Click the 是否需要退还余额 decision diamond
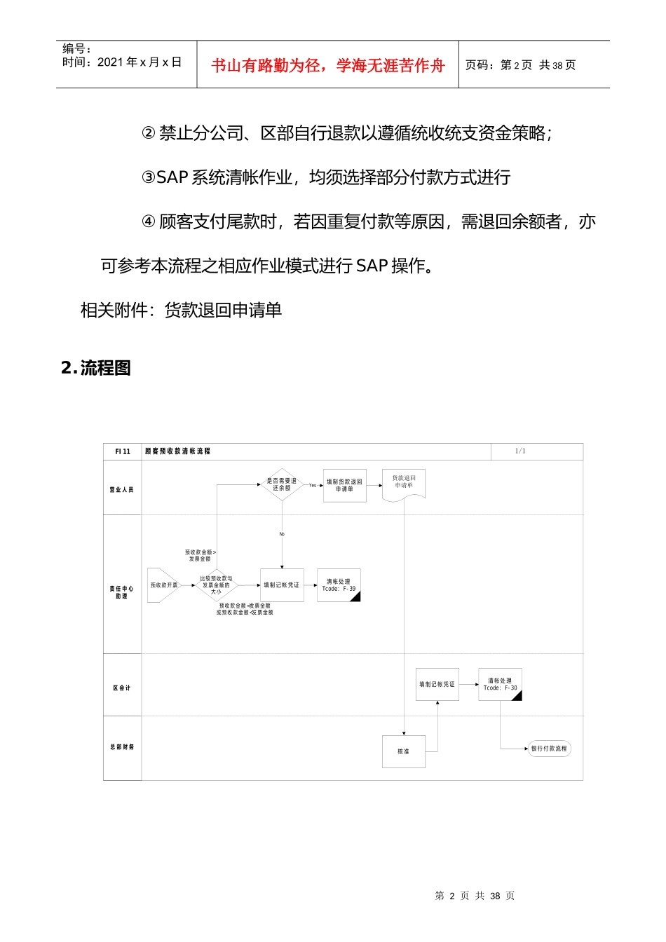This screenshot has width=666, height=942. [x=282, y=484]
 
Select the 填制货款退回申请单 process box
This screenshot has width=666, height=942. [x=344, y=485]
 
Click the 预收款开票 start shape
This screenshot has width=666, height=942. [x=163, y=585]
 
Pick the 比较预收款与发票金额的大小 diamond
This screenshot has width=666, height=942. [x=216, y=585]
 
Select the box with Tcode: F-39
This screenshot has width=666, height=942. [x=339, y=585]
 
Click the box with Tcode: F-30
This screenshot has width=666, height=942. [x=500, y=685]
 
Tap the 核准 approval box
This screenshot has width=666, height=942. [x=403, y=751]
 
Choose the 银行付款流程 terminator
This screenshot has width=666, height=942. [x=549, y=749]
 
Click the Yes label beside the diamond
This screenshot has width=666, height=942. [x=313, y=485]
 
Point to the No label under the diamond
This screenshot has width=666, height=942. [x=282, y=534]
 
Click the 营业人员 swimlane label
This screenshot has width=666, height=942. [x=121, y=489]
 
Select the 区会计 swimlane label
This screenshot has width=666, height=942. [x=121, y=688]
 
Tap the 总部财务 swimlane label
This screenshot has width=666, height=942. [x=121, y=746]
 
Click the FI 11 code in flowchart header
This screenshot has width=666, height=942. [x=123, y=451]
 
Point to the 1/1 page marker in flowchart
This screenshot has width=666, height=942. [x=519, y=451]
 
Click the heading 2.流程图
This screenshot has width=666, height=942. [x=96, y=368]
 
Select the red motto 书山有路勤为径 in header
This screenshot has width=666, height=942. [x=327, y=65]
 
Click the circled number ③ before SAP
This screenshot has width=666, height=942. [x=149, y=177]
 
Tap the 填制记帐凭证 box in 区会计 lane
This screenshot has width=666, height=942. [x=437, y=684]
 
